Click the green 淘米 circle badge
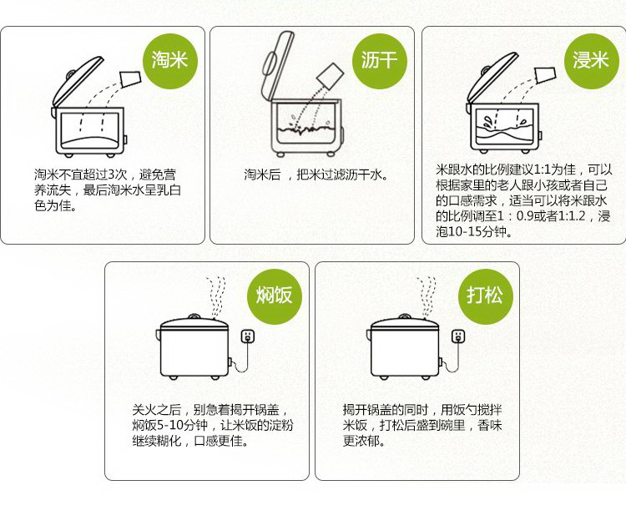pyautogui.click(x=170, y=59)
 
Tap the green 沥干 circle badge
pyautogui.click(x=380, y=60)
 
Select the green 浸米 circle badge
pyautogui.click(x=591, y=60)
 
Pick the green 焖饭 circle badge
pyautogui.click(x=275, y=296)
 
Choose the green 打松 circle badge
pyautogui.click(x=485, y=296)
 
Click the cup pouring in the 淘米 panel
pyautogui.click(x=130, y=79)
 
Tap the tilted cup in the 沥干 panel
pyautogui.click(x=331, y=76)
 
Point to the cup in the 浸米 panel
pyautogui.click(x=545, y=75)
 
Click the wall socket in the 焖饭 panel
pyautogui.click(x=248, y=336)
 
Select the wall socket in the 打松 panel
pyautogui.click(x=458, y=336)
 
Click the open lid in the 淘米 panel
pyautogui.click(x=77, y=81)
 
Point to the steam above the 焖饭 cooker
pyautogui.click(x=216, y=297)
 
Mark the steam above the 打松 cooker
pyautogui.click(x=427, y=297)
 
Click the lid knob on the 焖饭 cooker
pyautogui.click(x=194, y=316)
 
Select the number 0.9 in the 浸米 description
pyautogui.click(x=525, y=216)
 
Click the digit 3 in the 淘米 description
pyautogui.click(x=111, y=174)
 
